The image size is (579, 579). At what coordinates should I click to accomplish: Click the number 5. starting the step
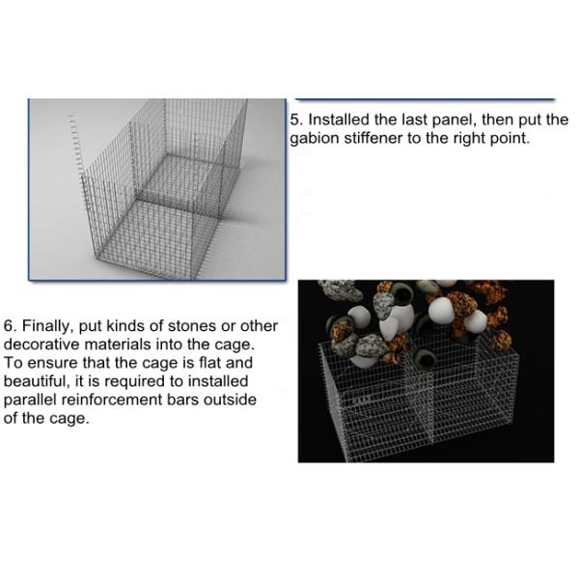pos(297,121)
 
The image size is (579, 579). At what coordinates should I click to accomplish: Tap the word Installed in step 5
pos(339,121)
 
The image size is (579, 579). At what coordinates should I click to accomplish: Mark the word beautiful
pos(39,381)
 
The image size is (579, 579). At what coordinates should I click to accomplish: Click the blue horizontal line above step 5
pos(425,99)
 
